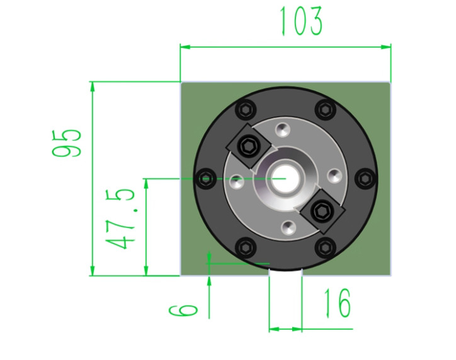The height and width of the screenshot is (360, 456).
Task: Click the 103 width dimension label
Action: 300,21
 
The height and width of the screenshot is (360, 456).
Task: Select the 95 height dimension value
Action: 66,143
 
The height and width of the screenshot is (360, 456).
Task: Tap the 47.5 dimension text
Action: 120,219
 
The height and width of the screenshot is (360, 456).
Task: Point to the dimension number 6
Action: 183,310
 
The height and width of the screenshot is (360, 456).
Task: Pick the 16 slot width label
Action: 338,303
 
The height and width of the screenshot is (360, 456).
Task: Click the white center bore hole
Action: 285,178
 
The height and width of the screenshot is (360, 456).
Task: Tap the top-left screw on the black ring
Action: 247,110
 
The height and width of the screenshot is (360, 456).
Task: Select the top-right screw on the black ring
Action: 326,110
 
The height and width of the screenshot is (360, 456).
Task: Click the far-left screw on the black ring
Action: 206,178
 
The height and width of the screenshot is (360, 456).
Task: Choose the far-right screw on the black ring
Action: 366,178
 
